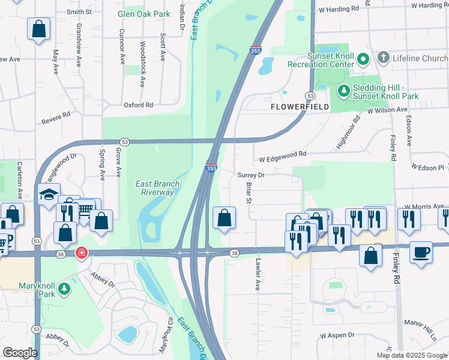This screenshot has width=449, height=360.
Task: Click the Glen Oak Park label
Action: coord(143,14)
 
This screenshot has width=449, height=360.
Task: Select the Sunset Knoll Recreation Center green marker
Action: coord(363,60)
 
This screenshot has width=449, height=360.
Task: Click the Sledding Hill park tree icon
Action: coord(343,91)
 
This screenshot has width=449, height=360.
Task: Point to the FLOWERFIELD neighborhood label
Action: coord(300,106)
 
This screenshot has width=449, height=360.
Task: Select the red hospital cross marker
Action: coord(80,254)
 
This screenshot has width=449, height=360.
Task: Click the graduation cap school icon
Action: coord(49,194)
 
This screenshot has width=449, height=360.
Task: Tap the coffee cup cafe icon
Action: coord(421,251)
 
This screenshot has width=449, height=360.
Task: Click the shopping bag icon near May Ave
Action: coord(38,29)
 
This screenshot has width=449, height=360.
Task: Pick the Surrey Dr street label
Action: coord(251,175)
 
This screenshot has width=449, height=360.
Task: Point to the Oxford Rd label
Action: coord(139,105)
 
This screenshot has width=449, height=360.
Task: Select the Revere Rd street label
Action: coord(56,117)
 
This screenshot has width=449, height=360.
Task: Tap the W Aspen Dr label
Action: coord(337,335)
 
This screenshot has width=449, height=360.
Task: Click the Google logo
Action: coord(20,353)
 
